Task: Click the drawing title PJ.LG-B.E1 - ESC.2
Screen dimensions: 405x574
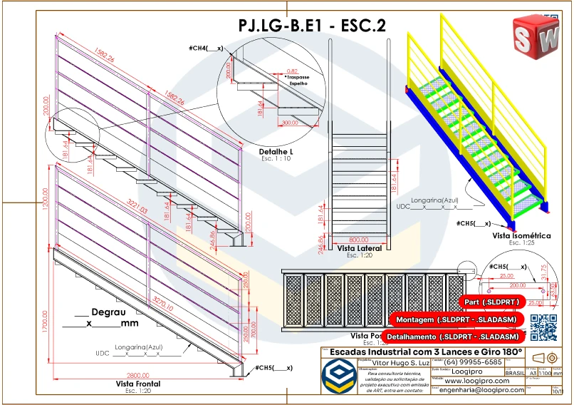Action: (313, 26)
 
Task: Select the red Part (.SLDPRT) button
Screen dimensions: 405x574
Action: (492, 302)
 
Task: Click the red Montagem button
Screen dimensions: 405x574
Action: (456, 319)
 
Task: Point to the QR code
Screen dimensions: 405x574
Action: (544, 326)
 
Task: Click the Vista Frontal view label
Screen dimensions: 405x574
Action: (137, 384)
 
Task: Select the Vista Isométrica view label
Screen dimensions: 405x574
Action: (522, 235)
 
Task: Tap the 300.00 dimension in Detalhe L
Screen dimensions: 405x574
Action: (288, 123)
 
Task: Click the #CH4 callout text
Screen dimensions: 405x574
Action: (206, 48)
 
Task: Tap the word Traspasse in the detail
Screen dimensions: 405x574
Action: (298, 76)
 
